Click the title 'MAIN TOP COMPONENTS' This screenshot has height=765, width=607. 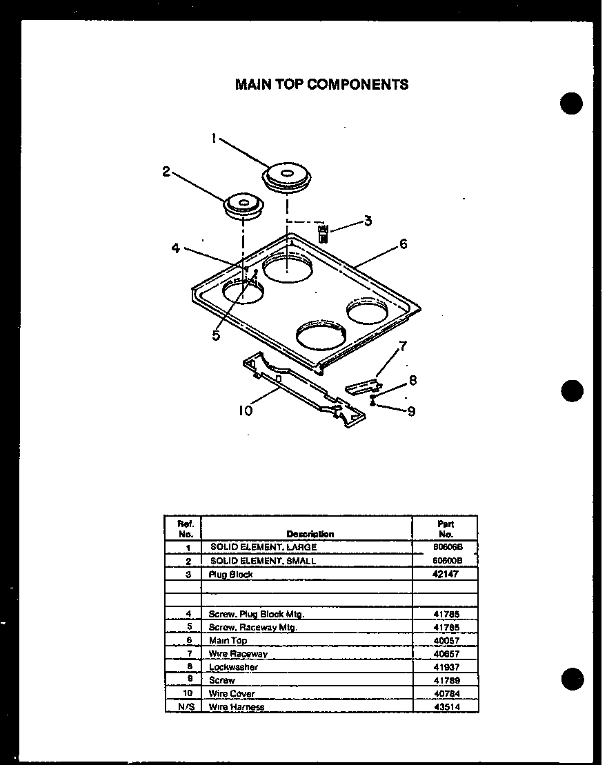click(321, 84)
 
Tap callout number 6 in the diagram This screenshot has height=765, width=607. click(403, 244)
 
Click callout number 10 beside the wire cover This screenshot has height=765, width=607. click(246, 410)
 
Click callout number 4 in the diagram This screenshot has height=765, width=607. click(176, 248)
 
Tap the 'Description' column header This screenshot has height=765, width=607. click(310, 534)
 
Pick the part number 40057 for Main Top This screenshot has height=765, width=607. click(446, 640)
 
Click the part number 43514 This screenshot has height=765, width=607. click(446, 707)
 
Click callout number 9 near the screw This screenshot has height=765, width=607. click(411, 412)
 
